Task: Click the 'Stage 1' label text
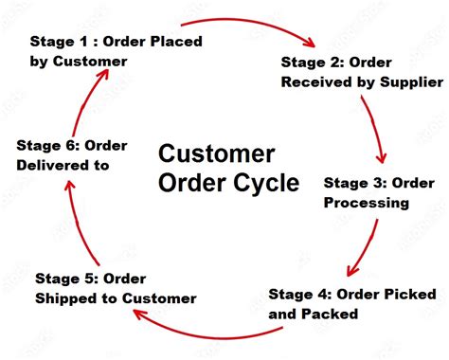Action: (59, 42)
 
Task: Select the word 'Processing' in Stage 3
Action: (366, 202)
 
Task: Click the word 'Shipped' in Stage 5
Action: (67, 297)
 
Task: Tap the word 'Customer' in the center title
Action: (216, 153)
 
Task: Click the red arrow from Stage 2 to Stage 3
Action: (380, 133)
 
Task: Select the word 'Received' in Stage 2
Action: (318, 81)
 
